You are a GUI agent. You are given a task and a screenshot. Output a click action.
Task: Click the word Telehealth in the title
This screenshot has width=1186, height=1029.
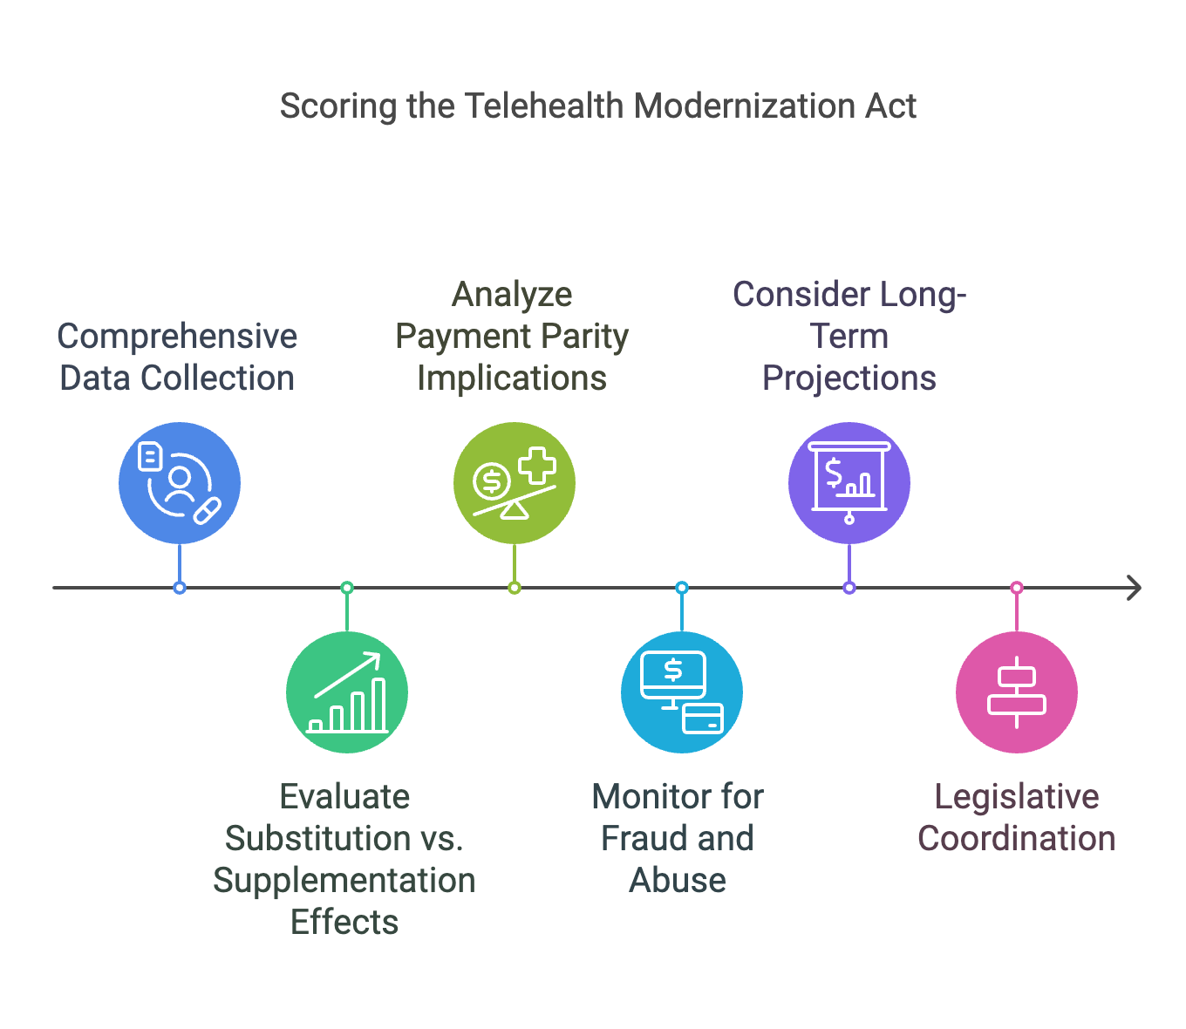pyautogui.click(x=543, y=106)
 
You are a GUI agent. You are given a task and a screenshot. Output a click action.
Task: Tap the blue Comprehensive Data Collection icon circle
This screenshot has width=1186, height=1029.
pyautogui.click(x=180, y=483)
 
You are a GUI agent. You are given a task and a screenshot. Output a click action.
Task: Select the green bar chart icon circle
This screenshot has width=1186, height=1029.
pyautogui.click(x=347, y=692)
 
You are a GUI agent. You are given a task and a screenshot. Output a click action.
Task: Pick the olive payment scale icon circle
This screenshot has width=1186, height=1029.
pyautogui.click(x=515, y=483)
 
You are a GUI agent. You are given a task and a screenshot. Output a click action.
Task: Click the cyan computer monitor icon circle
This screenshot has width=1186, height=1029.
pyautogui.click(x=682, y=692)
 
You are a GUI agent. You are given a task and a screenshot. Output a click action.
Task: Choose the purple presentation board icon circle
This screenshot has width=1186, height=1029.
pyautogui.click(x=849, y=483)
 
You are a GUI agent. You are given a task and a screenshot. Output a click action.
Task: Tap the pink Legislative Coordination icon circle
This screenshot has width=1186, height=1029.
pyautogui.click(x=1017, y=692)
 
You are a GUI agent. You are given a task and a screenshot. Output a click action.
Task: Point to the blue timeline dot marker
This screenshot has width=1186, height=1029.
pyautogui.click(x=180, y=588)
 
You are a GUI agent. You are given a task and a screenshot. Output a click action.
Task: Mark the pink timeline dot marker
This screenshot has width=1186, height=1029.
pyautogui.click(x=1017, y=588)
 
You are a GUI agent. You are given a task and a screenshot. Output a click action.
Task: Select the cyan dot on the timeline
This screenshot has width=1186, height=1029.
pyautogui.click(x=682, y=588)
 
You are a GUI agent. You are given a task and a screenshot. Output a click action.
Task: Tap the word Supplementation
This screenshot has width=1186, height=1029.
pyautogui.click(x=344, y=881)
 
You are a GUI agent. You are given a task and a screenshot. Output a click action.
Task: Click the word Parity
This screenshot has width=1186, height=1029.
pyautogui.click(x=583, y=337)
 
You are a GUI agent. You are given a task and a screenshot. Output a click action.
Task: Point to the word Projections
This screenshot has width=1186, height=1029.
pyautogui.click(x=849, y=378)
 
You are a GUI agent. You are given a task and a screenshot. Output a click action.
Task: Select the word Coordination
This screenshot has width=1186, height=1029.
pyautogui.click(x=1017, y=839)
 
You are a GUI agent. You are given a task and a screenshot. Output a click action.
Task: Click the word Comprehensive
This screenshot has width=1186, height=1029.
pyautogui.click(x=177, y=337)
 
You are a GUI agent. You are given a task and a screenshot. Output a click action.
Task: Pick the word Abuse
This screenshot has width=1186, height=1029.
pyautogui.click(x=678, y=881)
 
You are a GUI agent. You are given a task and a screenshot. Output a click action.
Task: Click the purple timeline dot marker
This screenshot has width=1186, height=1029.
pyautogui.click(x=849, y=588)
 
